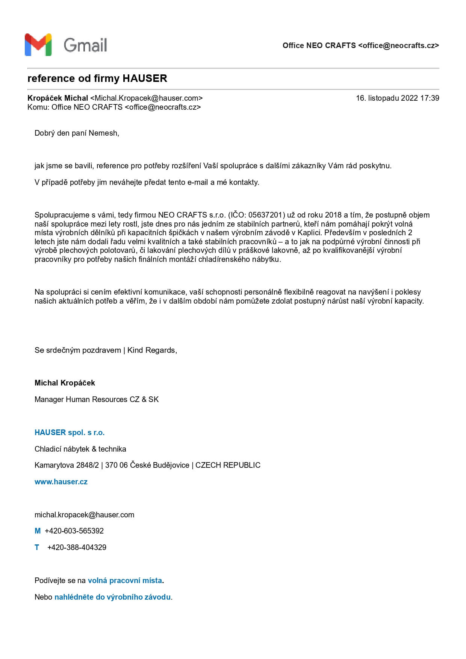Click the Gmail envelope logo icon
(38, 45)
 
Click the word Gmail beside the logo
(85, 45)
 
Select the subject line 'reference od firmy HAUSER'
(97, 79)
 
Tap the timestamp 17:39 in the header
(430, 98)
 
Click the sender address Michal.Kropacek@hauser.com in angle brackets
(147, 98)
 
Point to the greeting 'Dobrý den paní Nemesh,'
(77, 133)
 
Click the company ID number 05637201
(265, 215)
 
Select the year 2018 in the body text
(333, 215)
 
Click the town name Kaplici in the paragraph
(309, 233)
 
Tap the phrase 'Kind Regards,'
(152, 350)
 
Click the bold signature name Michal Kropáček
(65, 383)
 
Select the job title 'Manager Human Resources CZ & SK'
(97, 399)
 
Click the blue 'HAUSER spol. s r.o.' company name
(70, 432)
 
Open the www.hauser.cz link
(61, 482)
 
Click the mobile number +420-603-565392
(74, 531)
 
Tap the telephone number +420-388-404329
(77, 547)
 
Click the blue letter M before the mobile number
(38, 531)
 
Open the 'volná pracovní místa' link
(125, 580)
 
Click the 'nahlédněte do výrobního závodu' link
(112, 597)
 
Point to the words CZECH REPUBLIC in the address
(228, 465)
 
